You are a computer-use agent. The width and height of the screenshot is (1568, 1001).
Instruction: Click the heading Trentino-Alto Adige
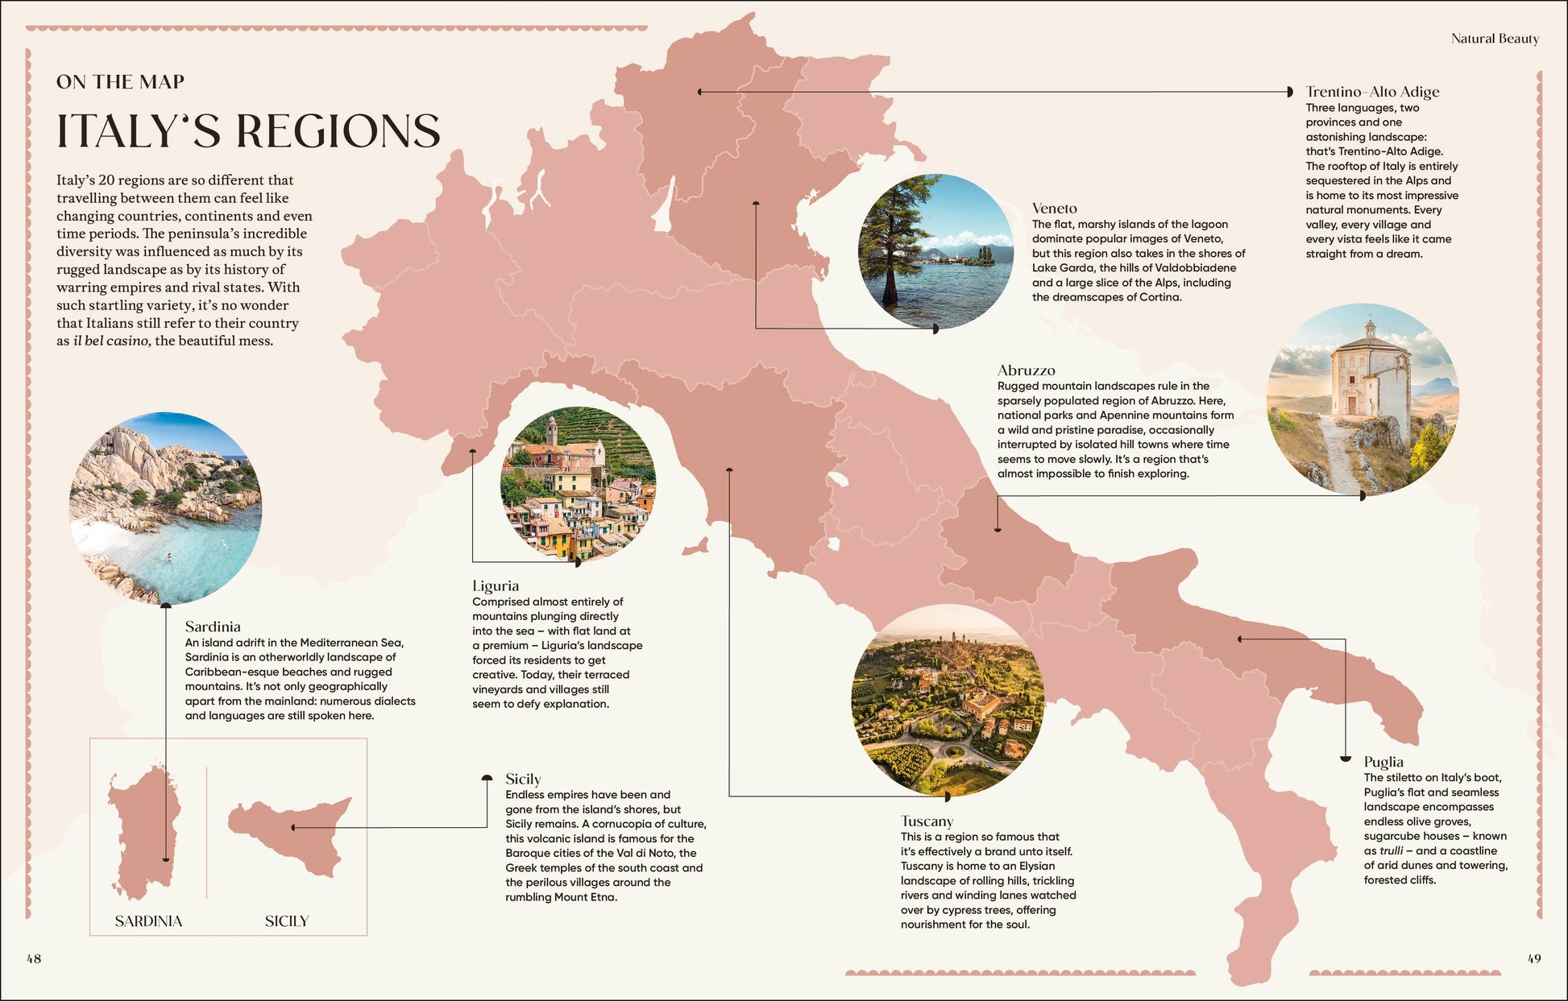tap(1371, 92)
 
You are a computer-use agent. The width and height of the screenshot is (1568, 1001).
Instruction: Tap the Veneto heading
tap(1054, 209)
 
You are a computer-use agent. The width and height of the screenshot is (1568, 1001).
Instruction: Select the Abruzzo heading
tap(1026, 370)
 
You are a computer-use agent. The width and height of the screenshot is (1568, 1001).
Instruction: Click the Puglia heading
tap(1383, 762)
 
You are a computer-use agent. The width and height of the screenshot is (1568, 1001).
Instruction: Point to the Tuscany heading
tap(927, 821)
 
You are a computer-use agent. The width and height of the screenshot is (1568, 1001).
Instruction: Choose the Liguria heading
tap(495, 586)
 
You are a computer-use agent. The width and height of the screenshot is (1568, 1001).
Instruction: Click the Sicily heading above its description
tap(522, 779)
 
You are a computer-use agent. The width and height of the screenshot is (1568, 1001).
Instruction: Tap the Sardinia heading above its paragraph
tap(212, 627)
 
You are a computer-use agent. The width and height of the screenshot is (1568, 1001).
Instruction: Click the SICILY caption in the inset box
tap(286, 921)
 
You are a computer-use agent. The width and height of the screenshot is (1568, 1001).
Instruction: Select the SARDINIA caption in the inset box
tap(148, 921)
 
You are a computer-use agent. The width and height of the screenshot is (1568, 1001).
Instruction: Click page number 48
tap(34, 958)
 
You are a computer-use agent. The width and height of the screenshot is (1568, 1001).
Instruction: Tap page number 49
tap(1533, 958)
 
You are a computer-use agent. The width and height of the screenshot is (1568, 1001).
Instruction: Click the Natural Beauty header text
tap(1494, 39)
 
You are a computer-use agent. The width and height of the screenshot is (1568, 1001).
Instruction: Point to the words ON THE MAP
tap(120, 82)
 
